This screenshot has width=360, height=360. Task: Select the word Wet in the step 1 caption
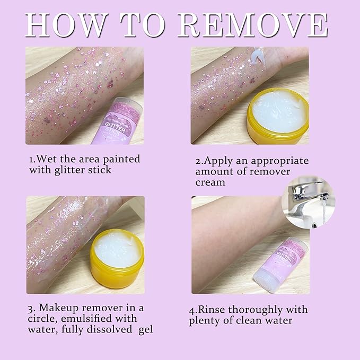point(50,159)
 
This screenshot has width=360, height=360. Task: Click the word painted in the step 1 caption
point(121,159)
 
